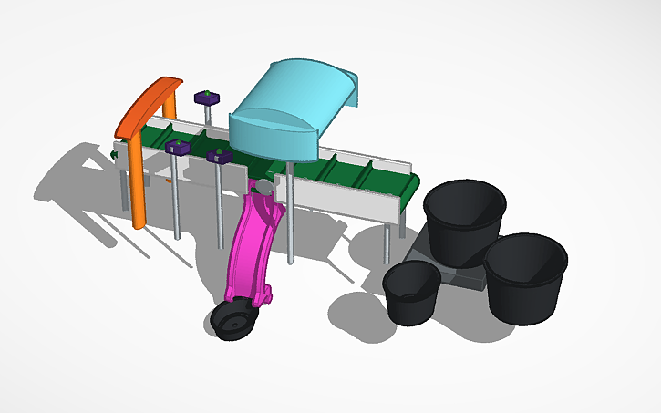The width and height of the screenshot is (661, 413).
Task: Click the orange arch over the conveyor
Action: point(150,101)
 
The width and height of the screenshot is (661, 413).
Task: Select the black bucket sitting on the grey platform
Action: point(464,220)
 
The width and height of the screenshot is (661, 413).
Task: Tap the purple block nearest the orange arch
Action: point(177,147)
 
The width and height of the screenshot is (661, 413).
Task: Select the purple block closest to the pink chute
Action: point(219,156)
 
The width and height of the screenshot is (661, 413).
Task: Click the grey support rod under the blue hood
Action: point(289,219)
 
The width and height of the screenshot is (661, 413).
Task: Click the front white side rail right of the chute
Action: point(337,197)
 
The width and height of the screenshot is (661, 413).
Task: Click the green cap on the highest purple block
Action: point(208,91)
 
